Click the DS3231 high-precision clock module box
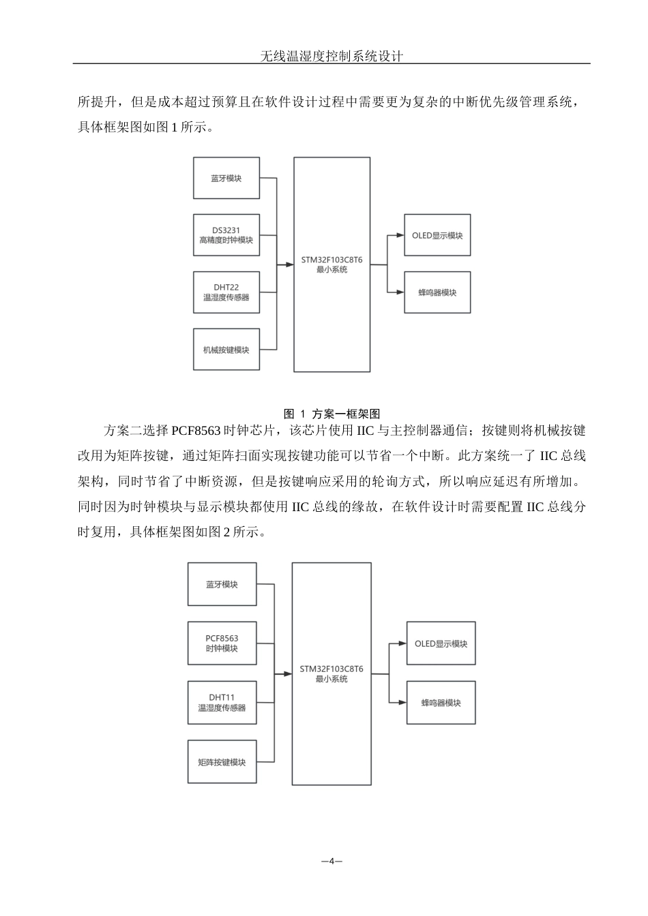click(x=226, y=235)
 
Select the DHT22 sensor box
click(x=226, y=292)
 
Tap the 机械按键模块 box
click(x=226, y=350)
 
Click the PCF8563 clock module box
click(x=222, y=643)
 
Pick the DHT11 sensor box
click(x=222, y=703)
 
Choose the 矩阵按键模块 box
click(x=222, y=762)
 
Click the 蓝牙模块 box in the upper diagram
click(x=226, y=178)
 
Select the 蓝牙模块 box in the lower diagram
click(x=222, y=584)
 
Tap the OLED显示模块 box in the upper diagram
click(x=437, y=235)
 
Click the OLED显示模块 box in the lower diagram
click(x=441, y=643)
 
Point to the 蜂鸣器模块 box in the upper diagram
click(x=437, y=292)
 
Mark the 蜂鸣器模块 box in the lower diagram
click(x=441, y=703)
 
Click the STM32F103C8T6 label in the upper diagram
click(x=332, y=260)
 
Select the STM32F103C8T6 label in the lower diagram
click(x=332, y=669)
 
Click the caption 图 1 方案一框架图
click(x=332, y=414)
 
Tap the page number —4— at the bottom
click(x=332, y=861)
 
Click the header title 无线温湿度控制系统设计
click(x=332, y=56)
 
